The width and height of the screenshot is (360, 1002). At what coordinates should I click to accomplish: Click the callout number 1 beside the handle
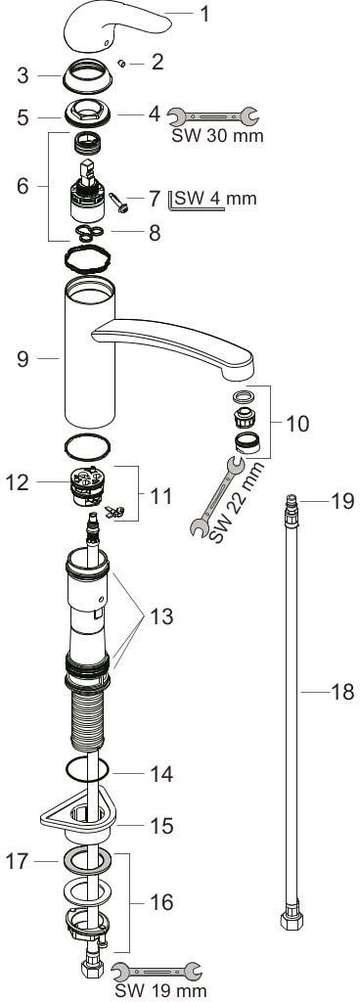(204, 14)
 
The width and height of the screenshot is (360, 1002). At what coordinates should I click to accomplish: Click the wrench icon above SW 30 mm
(212, 115)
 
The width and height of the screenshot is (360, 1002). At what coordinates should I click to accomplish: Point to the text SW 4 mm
(216, 198)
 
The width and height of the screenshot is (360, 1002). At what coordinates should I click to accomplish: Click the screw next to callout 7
(119, 203)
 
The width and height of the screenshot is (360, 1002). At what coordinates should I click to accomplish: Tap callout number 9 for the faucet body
(22, 359)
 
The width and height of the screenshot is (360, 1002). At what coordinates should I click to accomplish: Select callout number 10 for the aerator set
(296, 423)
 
